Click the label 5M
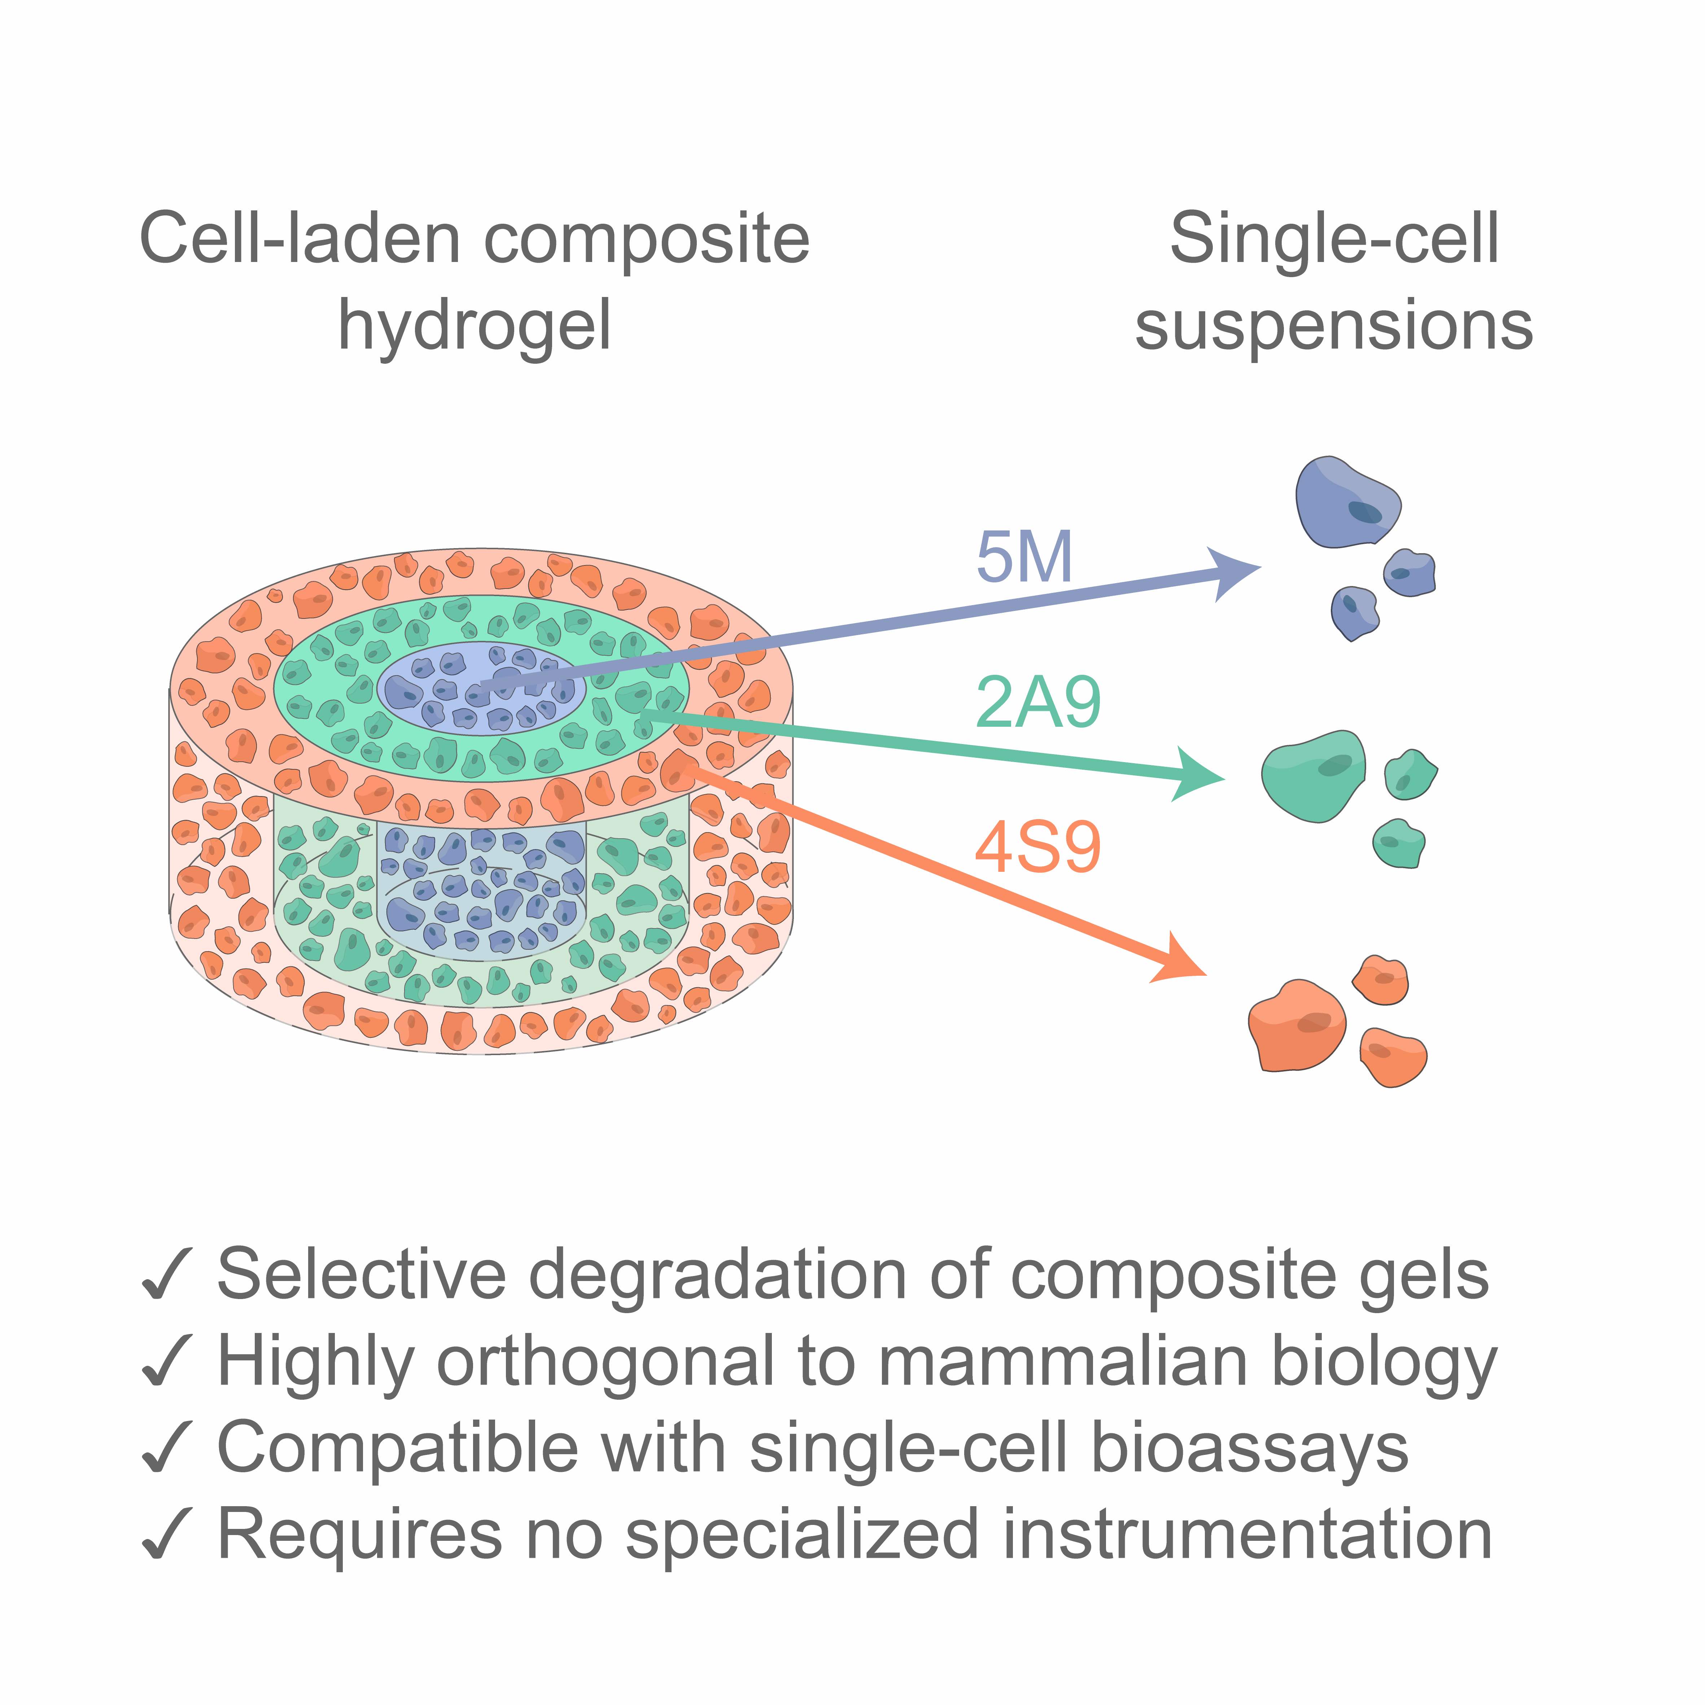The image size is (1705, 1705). click(x=1024, y=558)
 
